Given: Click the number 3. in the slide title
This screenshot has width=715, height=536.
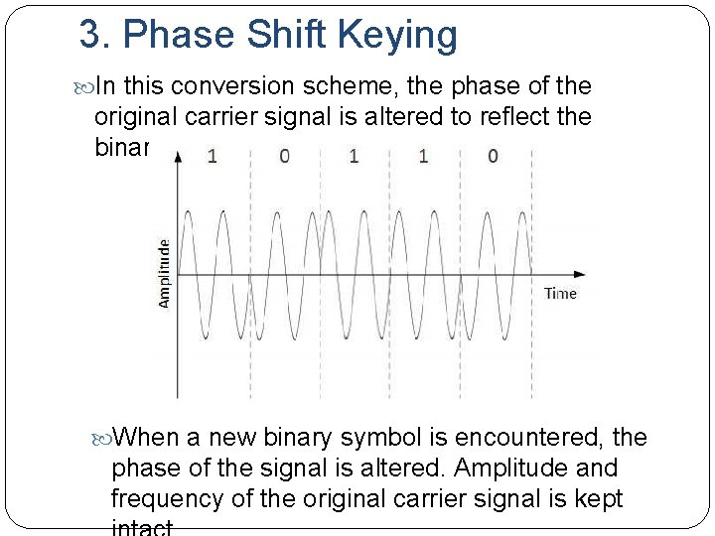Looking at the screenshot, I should [96, 35].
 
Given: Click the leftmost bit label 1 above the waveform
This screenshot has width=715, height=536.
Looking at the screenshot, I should [212, 157].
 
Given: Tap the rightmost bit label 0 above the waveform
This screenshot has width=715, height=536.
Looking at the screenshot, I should [494, 156].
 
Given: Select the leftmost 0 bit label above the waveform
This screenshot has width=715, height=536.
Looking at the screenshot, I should [284, 157].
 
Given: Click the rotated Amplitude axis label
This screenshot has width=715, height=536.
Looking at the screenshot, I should [164, 272].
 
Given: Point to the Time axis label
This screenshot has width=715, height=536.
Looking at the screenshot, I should [560, 293].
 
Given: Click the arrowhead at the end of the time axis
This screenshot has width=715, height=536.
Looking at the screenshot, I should [580, 273].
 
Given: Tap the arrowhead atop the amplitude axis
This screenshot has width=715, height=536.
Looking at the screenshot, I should [177, 158].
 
